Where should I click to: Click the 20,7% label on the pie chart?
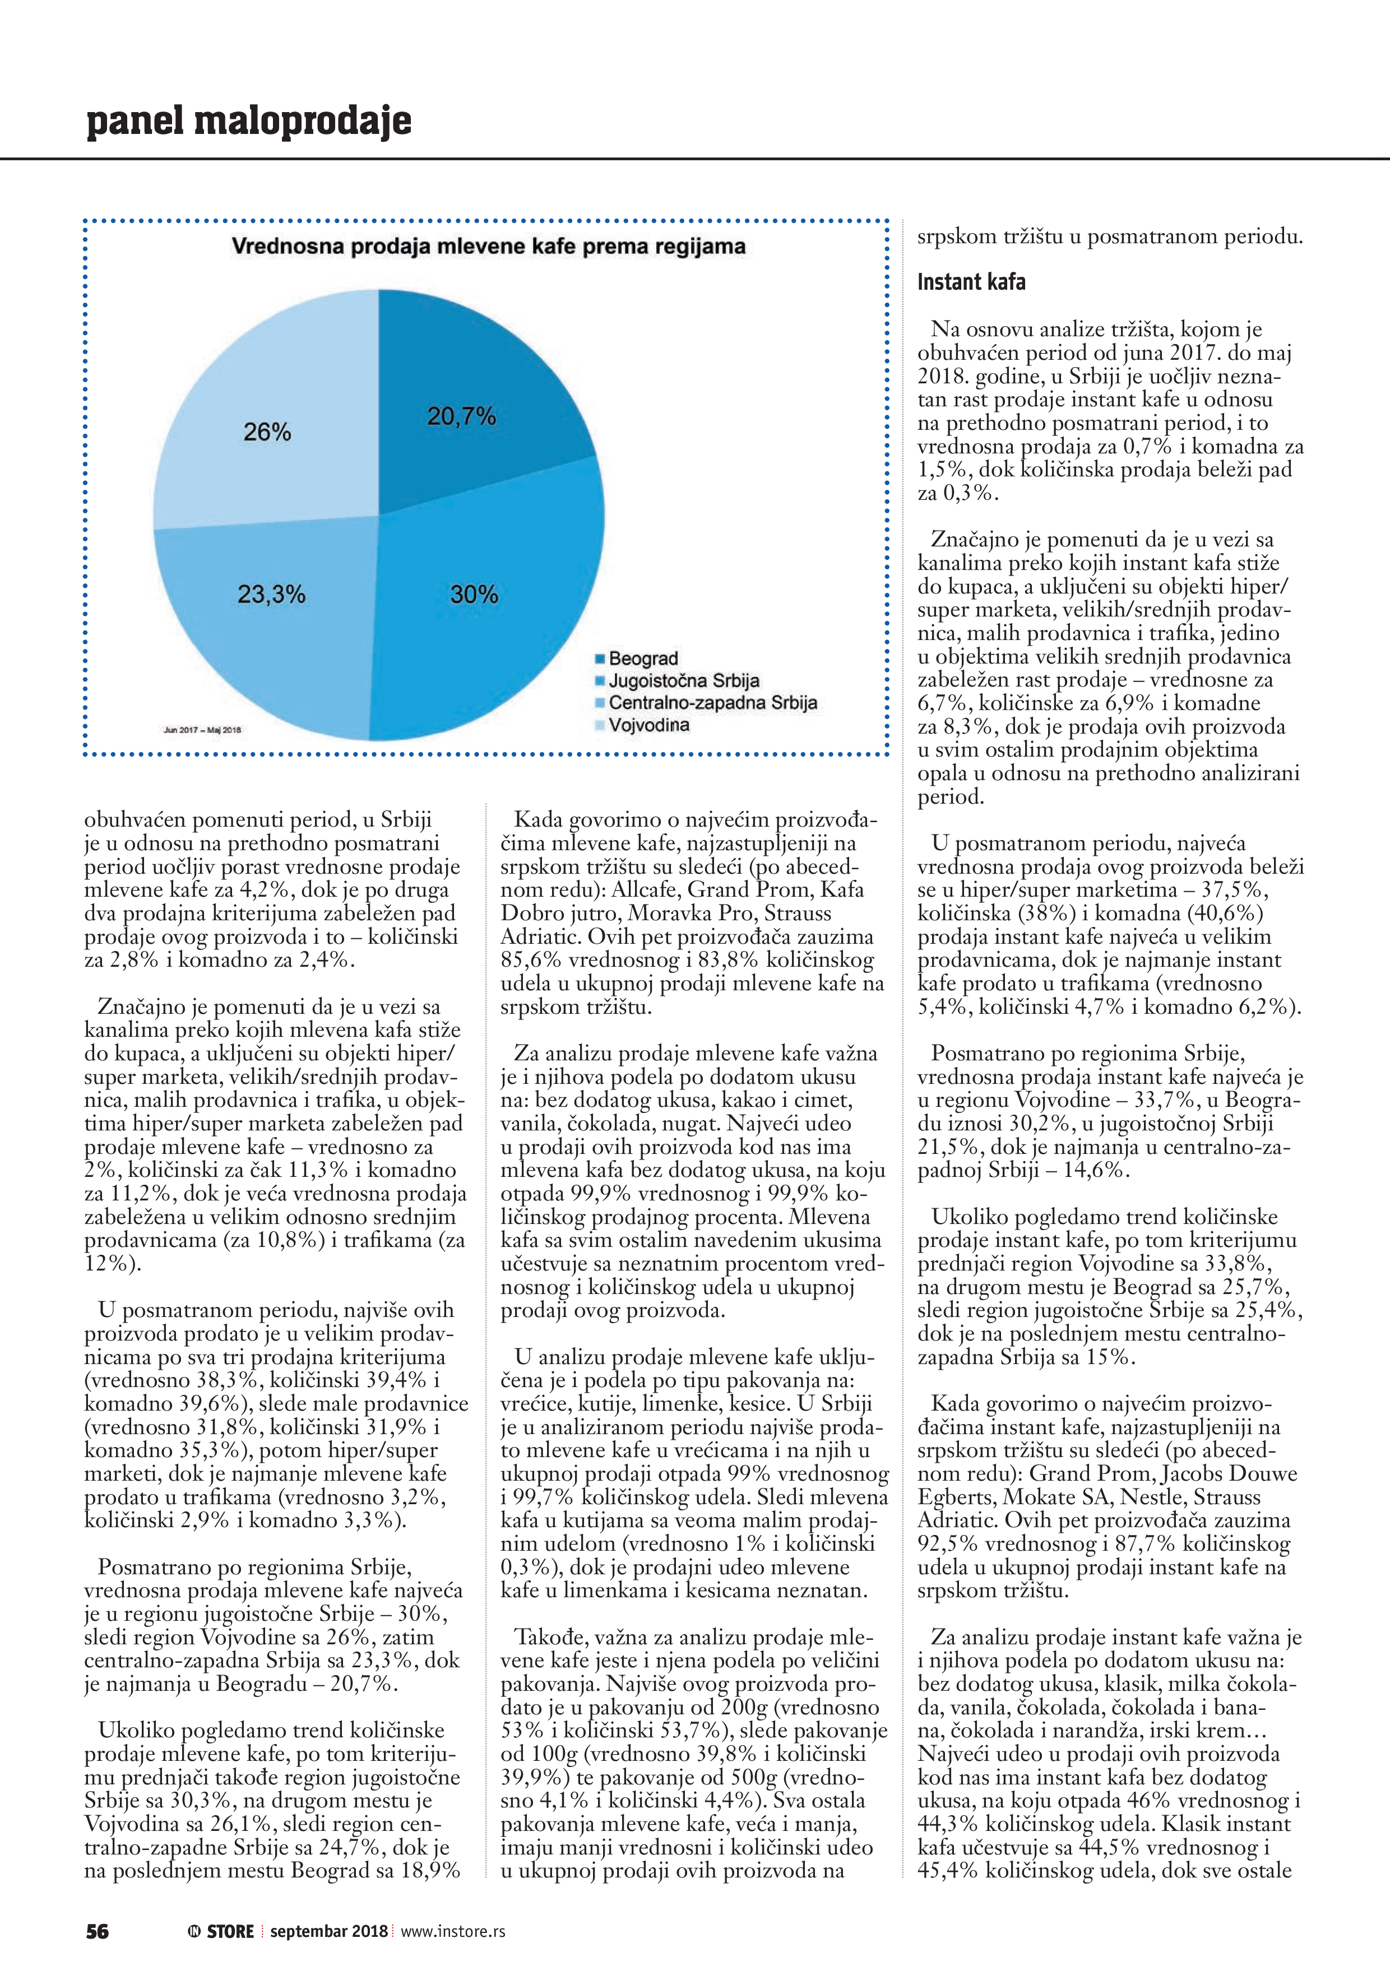(x=462, y=417)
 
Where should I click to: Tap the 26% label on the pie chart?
(x=267, y=433)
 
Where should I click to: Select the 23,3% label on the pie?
(x=271, y=594)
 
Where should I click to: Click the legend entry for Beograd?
(x=642, y=659)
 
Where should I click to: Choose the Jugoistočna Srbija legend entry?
(x=683, y=681)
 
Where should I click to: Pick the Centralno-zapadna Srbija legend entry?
(x=712, y=703)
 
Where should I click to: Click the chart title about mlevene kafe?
(x=488, y=248)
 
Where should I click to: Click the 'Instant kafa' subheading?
(x=971, y=282)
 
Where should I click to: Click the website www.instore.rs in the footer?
(x=453, y=1932)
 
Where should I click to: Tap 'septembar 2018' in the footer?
(x=329, y=1932)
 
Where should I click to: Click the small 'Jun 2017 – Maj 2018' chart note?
(x=202, y=730)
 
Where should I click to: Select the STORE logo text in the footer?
(x=230, y=1932)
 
